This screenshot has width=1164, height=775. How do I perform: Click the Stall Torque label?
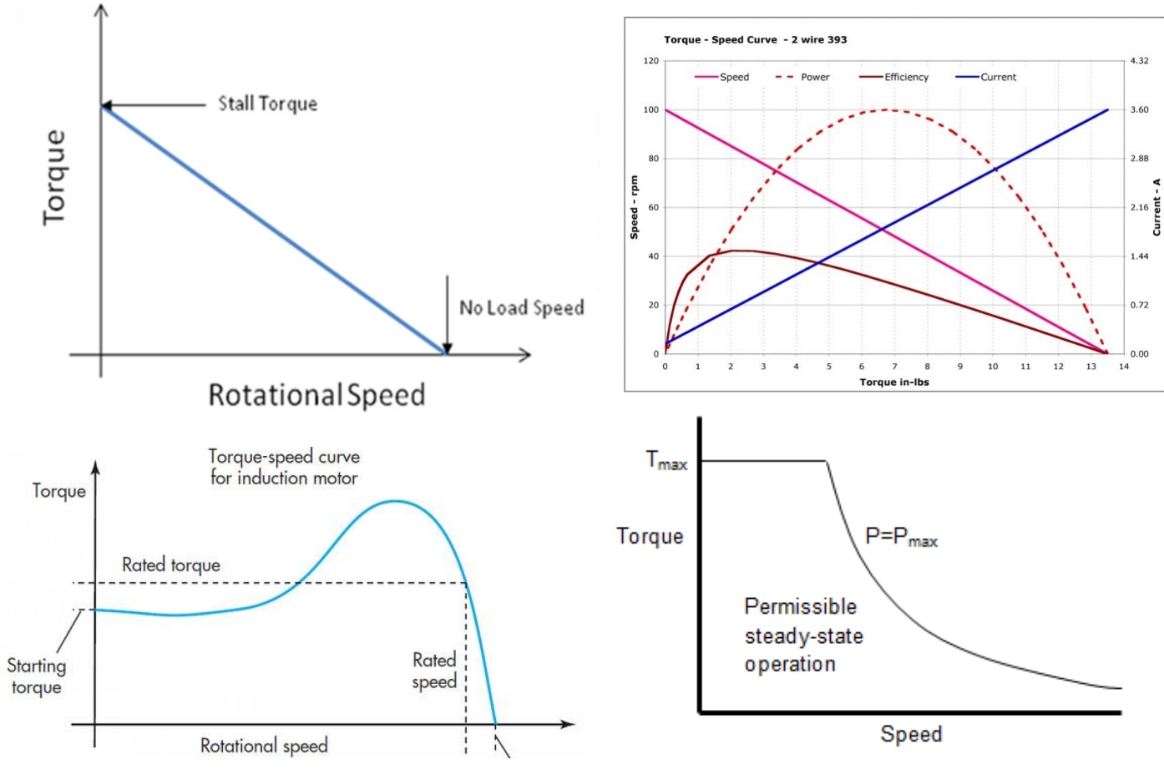point(267,104)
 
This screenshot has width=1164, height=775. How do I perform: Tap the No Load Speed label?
point(521,308)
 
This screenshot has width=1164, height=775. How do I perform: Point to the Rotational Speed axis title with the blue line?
point(316,394)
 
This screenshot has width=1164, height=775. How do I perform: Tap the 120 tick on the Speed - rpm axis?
point(650,61)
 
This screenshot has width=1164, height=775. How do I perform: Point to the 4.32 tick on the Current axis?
point(1139,61)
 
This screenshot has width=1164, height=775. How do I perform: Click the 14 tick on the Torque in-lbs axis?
point(1124,367)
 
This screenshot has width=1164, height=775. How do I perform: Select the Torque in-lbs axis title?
point(894,382)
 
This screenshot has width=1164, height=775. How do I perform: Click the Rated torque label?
point(171,565)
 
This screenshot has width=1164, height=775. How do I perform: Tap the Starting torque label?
point(36,676)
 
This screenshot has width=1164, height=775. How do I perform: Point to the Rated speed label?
point(434,671)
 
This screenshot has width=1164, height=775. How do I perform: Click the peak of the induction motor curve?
point(396,501)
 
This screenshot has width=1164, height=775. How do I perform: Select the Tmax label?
point(666,460)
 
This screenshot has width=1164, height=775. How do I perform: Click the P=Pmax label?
point(901,537)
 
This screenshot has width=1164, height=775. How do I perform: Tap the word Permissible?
point(801,606)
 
